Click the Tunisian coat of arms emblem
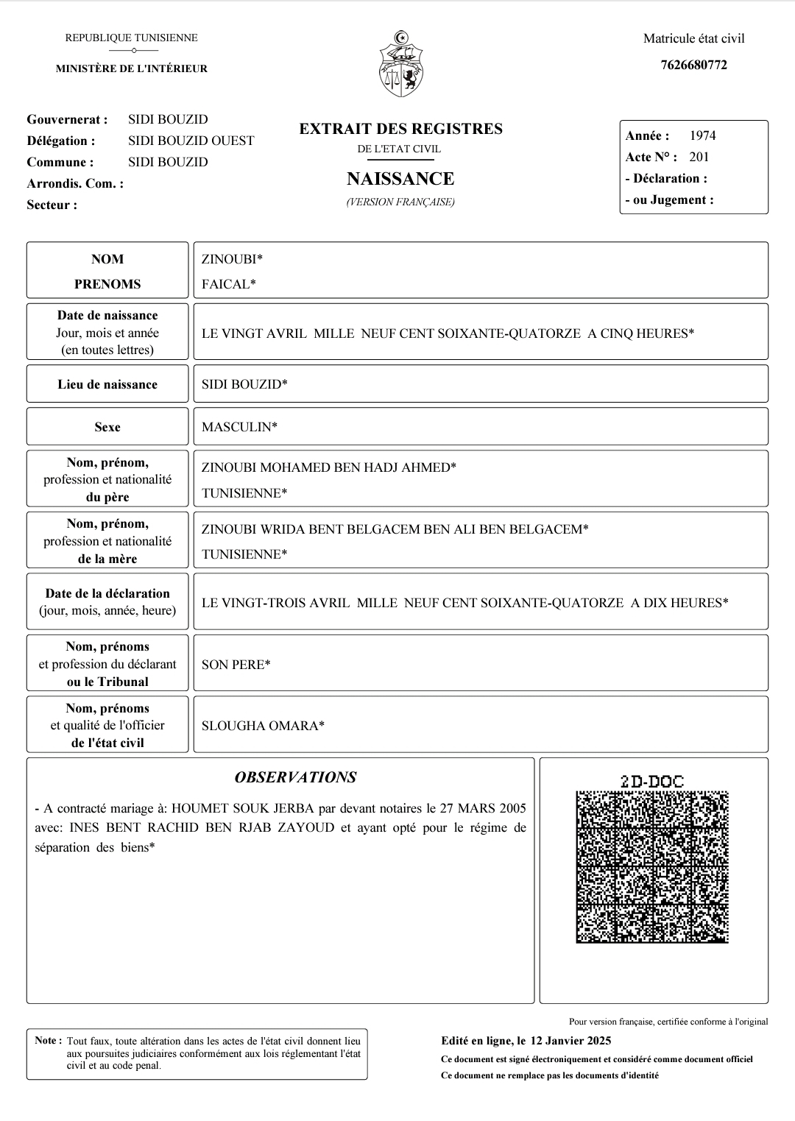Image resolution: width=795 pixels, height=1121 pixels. pyautogui.click(x=401, y=65)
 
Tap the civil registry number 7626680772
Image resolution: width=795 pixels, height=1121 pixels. pyautogui.click(x=693, y=65)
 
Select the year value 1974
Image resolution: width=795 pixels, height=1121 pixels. pyautogui.click(x=702, y=135)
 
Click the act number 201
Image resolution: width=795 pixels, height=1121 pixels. pyautogui.click(x=699, y=157)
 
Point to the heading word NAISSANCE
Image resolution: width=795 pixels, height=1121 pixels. pyautogui.click(x=400, y=179)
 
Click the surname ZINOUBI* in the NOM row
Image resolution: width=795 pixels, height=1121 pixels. pyautogui.click(x=232, y=259)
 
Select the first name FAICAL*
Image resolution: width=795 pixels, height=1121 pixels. pyautogui.click(x=229, y=284)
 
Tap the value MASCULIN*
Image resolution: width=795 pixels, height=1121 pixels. pyautogui.click(x=239, y=427)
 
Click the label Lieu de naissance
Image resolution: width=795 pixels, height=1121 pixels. pyautogui.click(x=107, y=384)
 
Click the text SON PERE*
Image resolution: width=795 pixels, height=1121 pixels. pyautogui.click(x=236, y=665)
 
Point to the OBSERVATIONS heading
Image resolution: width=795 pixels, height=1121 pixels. pyautogui.click(x=295, y=777)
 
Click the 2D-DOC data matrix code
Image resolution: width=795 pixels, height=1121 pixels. pyautogui.click(x=652, y=866)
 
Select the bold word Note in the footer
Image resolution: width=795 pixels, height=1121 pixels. pyautogui.click(x=46, y=1041)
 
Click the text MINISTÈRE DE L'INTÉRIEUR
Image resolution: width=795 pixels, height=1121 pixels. pyautogui.click(x=132, y=68)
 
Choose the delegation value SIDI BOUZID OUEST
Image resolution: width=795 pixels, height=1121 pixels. pyautogui.click(x=191, y=141)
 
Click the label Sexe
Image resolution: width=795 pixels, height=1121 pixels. pyautogui.click(x=107, y=427)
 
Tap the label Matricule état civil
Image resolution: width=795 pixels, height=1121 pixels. pyautogui.click(x=693, y=38)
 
